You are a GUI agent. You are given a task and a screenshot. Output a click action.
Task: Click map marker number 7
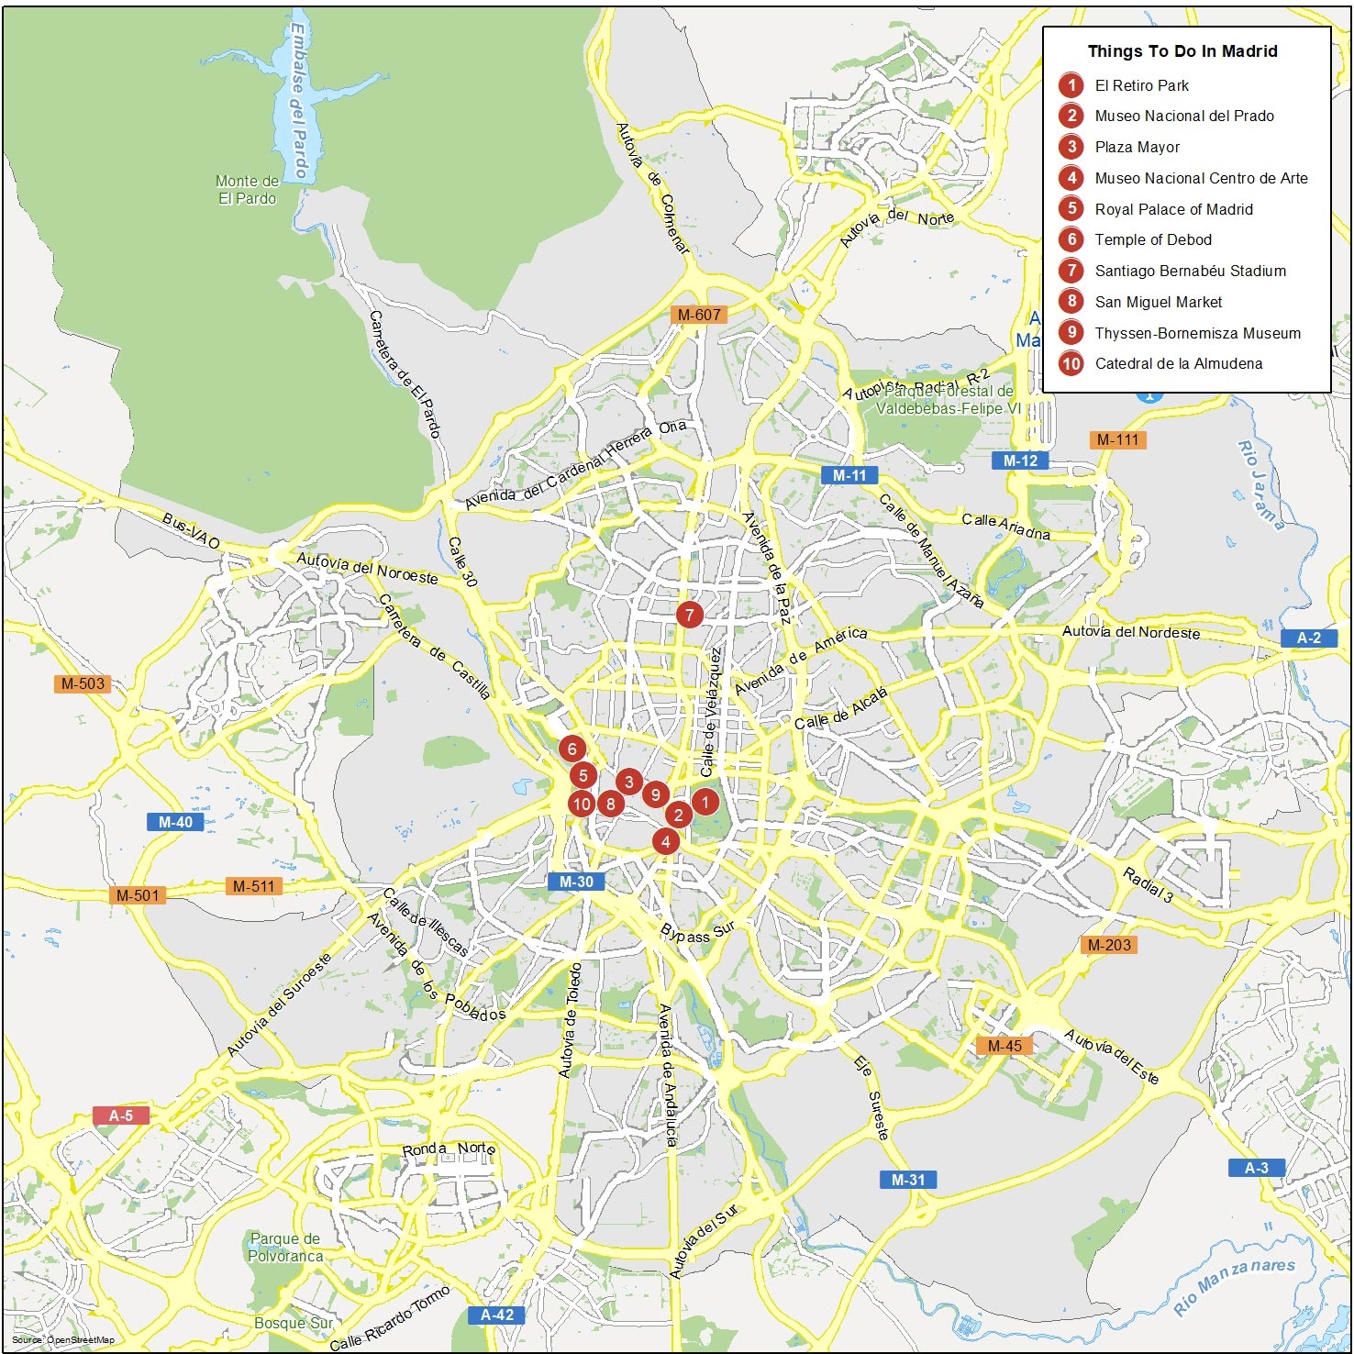coord(690,615)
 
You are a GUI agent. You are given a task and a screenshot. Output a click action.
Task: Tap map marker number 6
coord(572,749)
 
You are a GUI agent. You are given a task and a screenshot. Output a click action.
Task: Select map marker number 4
coord(666,841)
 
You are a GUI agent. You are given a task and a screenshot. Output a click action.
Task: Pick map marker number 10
coord(582,805)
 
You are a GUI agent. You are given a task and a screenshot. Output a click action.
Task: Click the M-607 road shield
coord(699,315)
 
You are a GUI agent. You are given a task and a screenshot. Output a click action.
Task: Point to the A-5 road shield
coord(121,1115)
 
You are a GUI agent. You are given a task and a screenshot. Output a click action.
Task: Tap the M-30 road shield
coord(576,882)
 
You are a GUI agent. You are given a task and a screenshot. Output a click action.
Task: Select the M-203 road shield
coord(1109,945)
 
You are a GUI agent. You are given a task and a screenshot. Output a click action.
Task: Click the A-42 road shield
coord(497,1315)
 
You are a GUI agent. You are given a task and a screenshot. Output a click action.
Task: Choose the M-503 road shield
coord(83,683)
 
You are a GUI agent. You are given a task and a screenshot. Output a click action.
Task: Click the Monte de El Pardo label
coord(247,190)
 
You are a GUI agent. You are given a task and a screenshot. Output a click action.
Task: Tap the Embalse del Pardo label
coord(300,101)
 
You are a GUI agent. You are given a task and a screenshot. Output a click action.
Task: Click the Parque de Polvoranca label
coord(285,1248)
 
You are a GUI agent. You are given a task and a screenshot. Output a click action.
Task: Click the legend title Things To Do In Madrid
coord(1182,51)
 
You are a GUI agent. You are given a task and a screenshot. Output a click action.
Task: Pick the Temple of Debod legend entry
coord(1153,240)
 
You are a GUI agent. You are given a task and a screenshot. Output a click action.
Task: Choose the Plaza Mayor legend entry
coord(1138,147)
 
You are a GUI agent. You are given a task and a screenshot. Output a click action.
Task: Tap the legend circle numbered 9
coord(1071,333)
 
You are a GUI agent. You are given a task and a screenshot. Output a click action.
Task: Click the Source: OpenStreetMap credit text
coord(63,1340)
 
